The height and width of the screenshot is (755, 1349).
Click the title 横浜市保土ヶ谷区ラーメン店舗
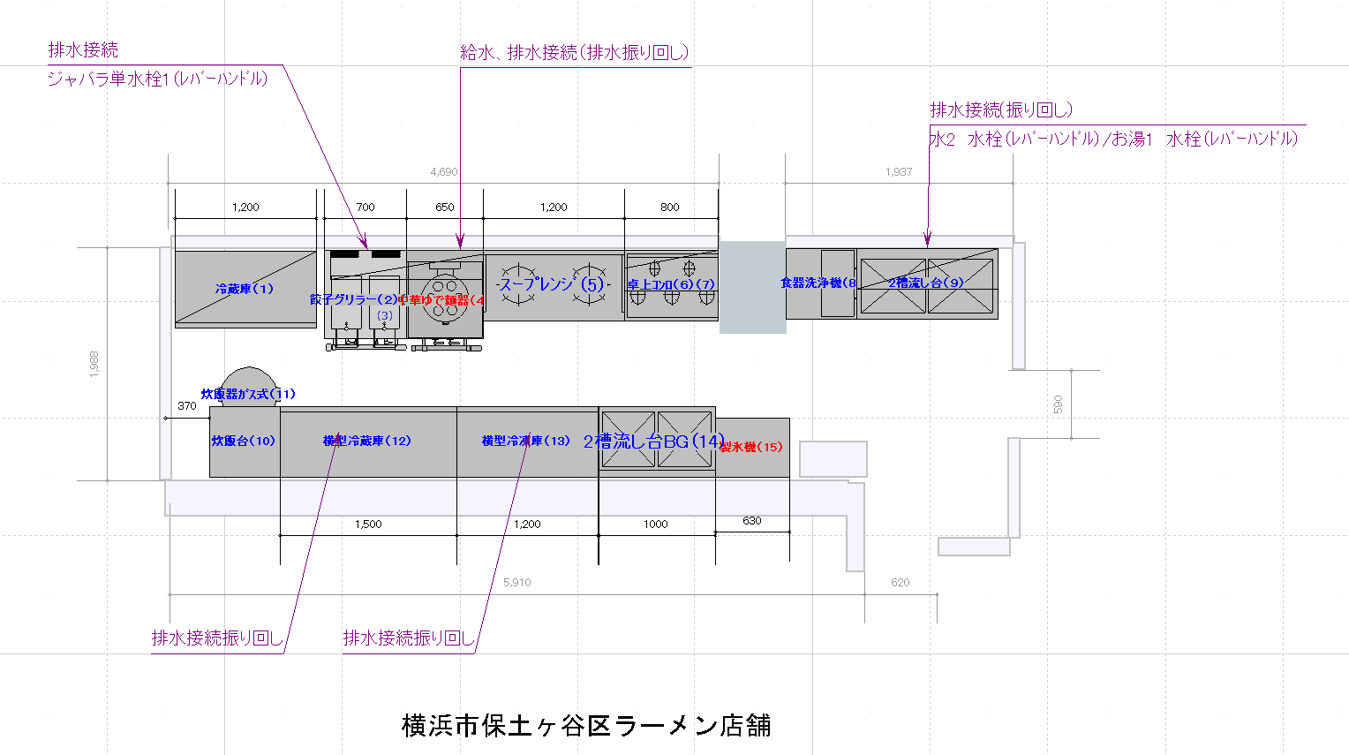point(586,726)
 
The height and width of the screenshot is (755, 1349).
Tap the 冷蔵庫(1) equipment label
point(245,289)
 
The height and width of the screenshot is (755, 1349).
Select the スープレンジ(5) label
point(551,284)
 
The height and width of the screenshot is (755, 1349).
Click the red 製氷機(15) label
point(750,447)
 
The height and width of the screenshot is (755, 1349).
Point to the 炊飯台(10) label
point(243,441)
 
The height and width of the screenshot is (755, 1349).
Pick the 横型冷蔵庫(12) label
point(366,441)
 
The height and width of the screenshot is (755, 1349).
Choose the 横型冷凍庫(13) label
point(525,441)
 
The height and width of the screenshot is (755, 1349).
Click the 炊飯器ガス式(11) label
point(248,394)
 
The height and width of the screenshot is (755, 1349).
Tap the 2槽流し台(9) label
point(925,283)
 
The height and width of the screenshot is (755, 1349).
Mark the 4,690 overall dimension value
point(443,172)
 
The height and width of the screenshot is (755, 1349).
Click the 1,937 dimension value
point(899,172)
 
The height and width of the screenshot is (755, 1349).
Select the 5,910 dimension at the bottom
point(517,583)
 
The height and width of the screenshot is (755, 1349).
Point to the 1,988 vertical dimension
point(94,364)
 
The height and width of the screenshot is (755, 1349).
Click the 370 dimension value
point(187,406)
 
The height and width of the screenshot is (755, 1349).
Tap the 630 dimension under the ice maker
point(752,521)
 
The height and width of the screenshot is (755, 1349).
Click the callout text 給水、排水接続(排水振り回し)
point(574,53)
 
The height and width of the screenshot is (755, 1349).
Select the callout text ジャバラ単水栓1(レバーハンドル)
point(157,79)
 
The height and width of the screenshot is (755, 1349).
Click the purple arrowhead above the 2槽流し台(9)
point(928,238)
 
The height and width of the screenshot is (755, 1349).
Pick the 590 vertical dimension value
point(1058,404)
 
